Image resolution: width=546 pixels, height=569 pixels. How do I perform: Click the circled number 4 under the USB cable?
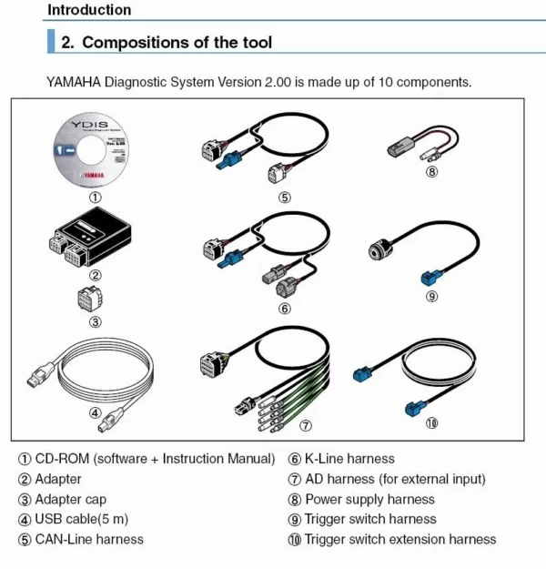coord(95,412)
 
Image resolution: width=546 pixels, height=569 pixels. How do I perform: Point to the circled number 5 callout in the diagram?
coord(284,197)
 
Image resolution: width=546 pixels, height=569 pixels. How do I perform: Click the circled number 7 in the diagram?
coord(306,425)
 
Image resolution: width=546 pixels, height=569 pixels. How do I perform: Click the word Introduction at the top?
coord(89,10)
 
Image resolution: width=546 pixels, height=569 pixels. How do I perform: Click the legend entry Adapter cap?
coord(70,499)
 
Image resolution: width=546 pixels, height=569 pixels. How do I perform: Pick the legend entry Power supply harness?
coord(369,499)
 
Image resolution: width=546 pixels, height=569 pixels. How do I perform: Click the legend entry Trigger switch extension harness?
coord(400,539)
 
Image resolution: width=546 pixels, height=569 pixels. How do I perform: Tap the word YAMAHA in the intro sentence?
coord(74,82)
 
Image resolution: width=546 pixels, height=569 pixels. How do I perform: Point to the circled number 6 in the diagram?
coord(284,309)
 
